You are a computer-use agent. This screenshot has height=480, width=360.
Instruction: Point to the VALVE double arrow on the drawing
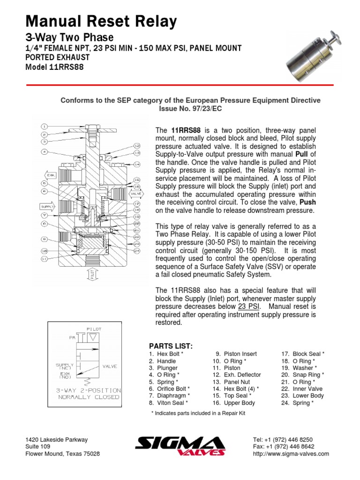pyautogui.click(x=135, y=192)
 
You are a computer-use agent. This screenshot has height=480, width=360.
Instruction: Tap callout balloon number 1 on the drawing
pyautogui.click(x=44, y=127)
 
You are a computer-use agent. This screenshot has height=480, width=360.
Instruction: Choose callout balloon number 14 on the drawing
pyautogui.click(x=136, y=164)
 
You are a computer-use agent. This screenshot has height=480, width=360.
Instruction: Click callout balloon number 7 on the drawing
pyautogui.click(x=44, y=215)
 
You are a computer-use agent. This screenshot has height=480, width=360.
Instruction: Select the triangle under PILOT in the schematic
pyautogui.click(x=93, y=337)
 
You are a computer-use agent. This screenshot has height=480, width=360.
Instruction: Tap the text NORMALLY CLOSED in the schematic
pyautogui.click(x=88, y=397)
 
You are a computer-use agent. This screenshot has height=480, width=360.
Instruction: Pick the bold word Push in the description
pyautogui.click(x=307, y=202)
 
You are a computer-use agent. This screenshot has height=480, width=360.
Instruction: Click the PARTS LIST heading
pyautogui.click(x=171, y=346)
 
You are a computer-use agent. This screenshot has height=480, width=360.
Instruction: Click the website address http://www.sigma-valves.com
pyautogui.click(x=291, y=454)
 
